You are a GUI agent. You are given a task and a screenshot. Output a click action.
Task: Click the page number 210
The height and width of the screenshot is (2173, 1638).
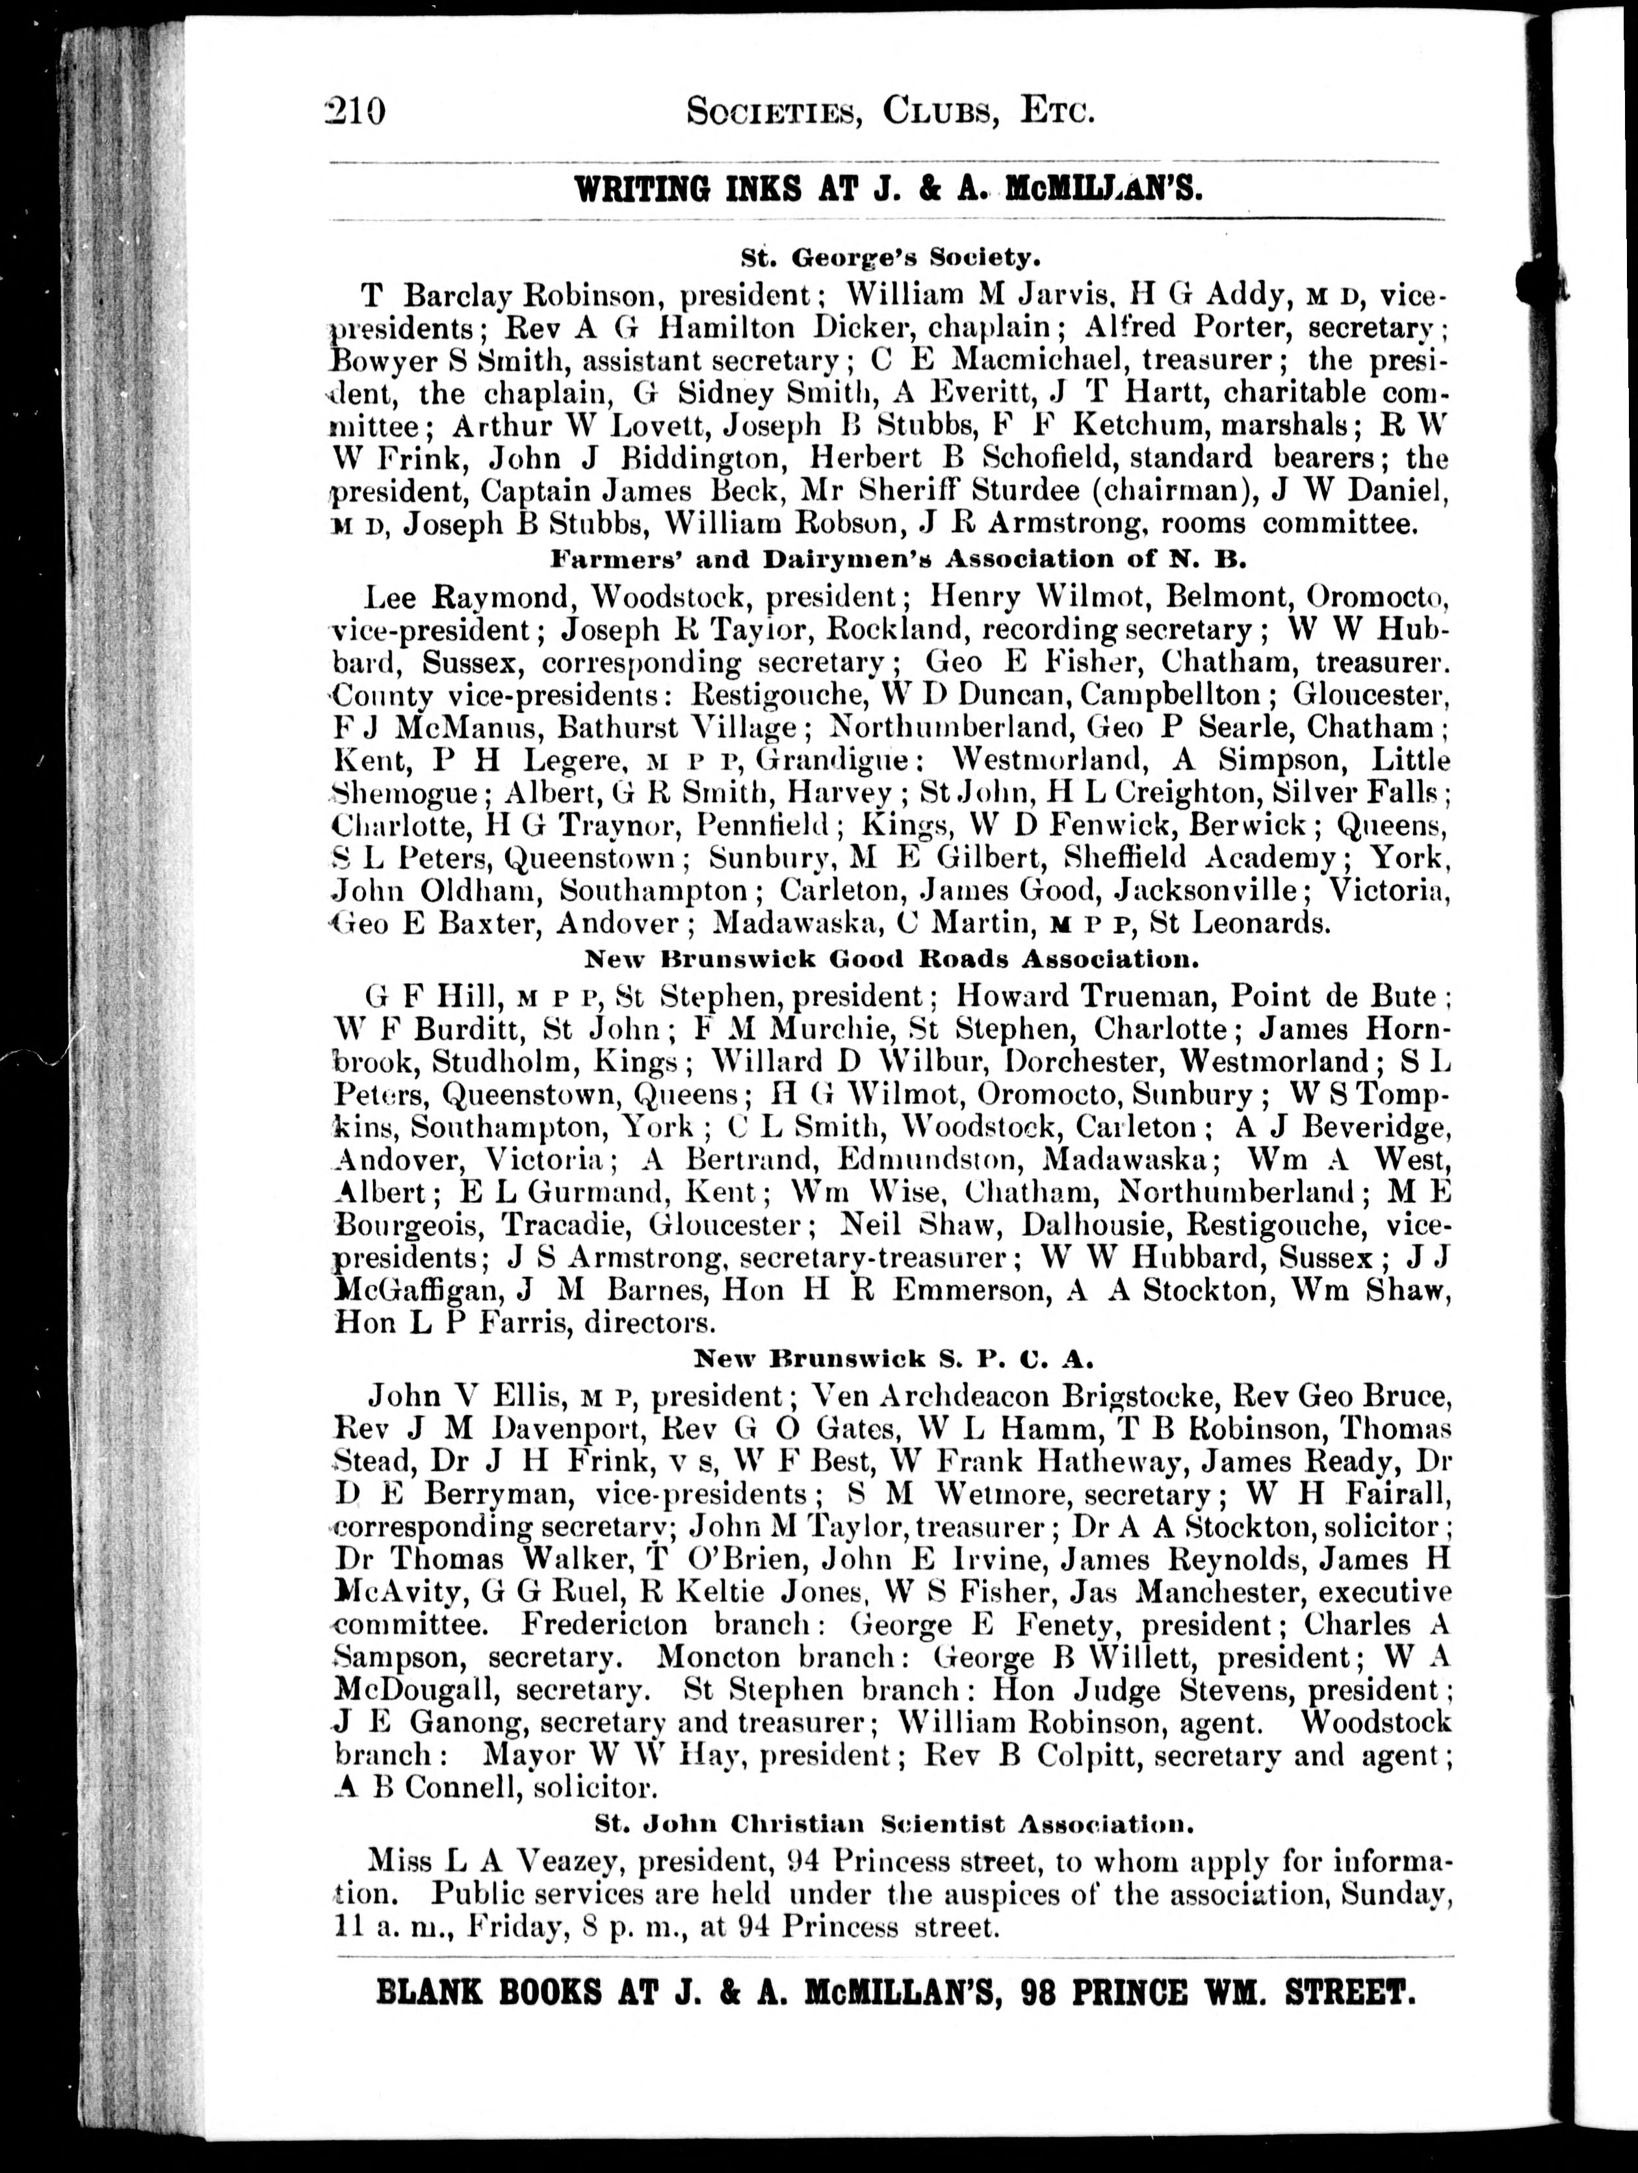click(356, 111)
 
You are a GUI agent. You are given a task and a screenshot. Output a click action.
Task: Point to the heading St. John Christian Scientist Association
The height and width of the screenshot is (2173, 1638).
click(894, 1824)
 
